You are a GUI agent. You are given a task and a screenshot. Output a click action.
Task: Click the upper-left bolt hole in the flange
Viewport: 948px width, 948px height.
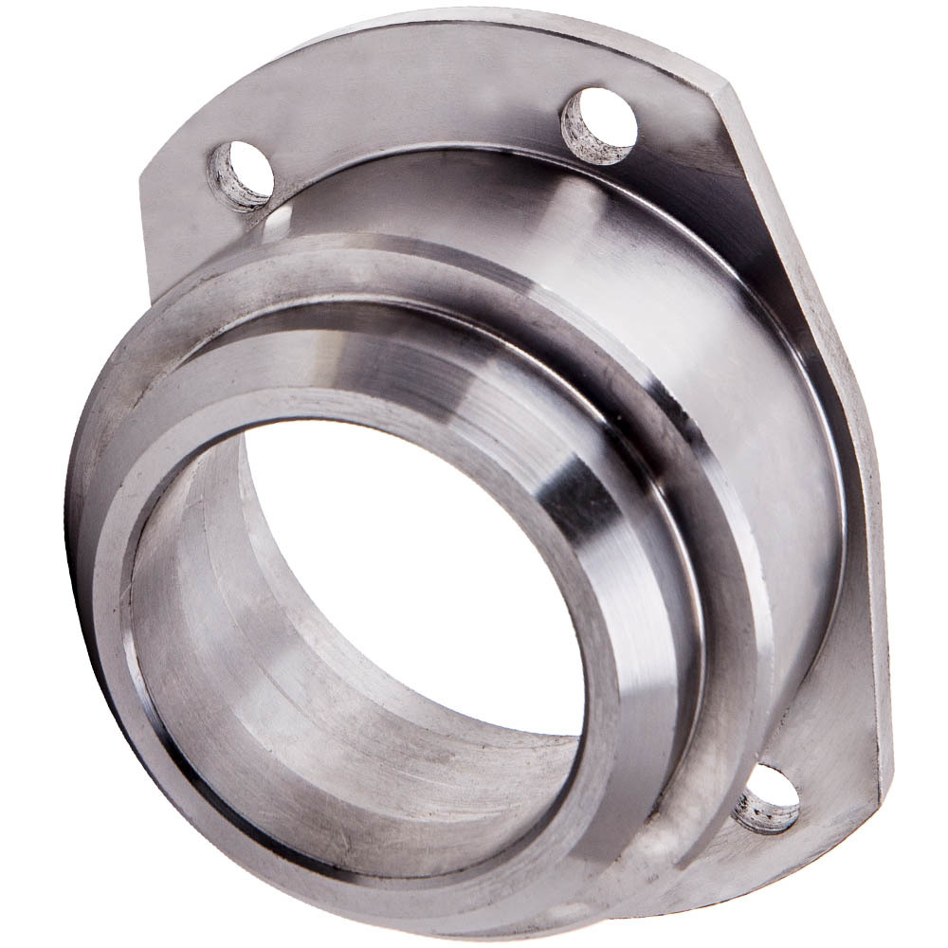241,175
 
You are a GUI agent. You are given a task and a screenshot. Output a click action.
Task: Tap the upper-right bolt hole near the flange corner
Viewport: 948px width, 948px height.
599,122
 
